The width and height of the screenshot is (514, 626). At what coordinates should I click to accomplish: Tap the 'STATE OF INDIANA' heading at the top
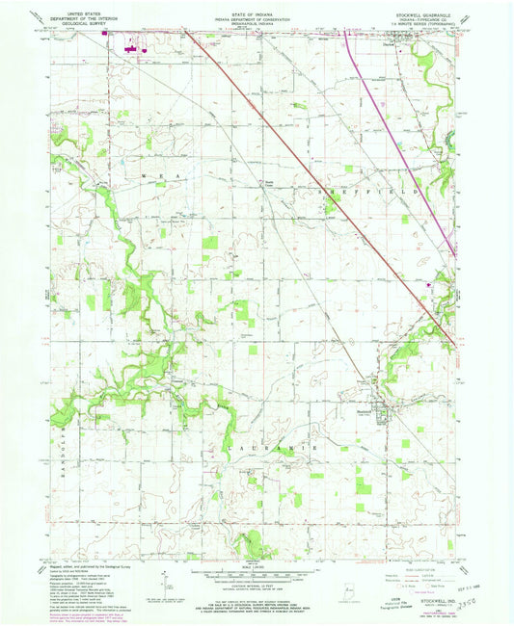(256, 11)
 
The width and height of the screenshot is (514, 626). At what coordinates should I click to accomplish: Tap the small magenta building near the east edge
(431, 284)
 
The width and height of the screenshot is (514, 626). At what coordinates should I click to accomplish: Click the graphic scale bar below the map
(256, 576)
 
